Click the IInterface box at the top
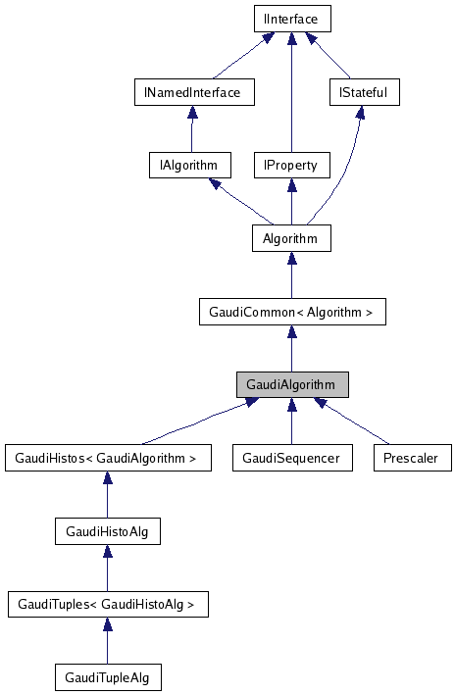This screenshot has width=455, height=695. (x=291, y=19)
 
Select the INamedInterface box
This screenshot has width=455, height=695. (x=193, y=92)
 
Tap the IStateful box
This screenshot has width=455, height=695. (x=363, y=92)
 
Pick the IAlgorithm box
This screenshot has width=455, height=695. (x=189, y=165)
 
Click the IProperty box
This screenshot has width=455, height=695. (x=291, y=165)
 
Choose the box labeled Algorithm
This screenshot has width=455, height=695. (x=290, y=238)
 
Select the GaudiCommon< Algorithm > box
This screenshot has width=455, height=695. (x=291, y=312)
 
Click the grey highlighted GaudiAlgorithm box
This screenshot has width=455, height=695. (x=291, y=384)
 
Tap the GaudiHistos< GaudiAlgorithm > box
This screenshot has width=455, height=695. (x=108, y=458)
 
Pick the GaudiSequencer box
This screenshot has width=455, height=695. (x=291, y=458)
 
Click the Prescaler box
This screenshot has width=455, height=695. (x=412, y=458)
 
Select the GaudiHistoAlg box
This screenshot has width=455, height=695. (x=107, y=531)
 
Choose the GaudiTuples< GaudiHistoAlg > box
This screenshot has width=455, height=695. (x=108, y=604)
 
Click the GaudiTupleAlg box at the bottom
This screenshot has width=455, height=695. (x=107, y=677)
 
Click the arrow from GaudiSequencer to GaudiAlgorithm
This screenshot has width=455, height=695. (x=291, y=422)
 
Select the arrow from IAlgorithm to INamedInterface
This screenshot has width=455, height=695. (x=190, y=128)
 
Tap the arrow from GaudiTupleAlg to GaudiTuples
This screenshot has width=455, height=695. (x=107, y=641)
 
